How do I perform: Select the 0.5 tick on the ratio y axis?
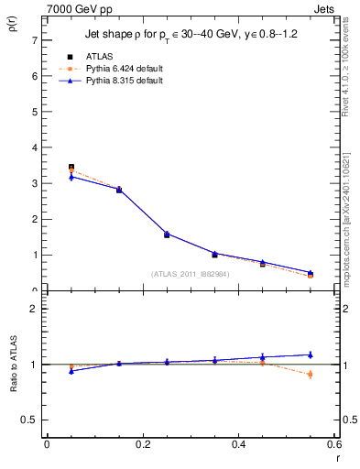click(x=31, y=420)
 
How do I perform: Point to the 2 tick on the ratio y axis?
click(x=34, y=309)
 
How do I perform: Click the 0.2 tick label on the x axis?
click(x=142, y=444)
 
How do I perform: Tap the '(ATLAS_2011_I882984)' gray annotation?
click(x=191, y=273)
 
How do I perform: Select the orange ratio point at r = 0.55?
click(x=311, y=374)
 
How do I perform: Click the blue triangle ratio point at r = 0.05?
click(x=71, y=371)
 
